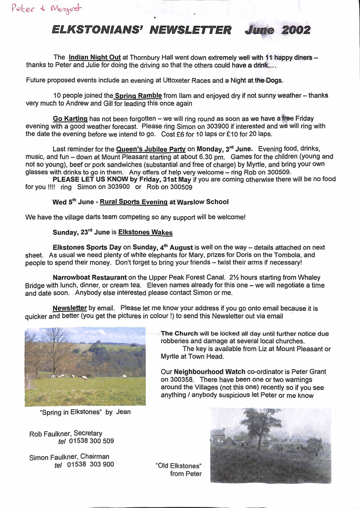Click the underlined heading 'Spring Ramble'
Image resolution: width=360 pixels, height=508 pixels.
pyautogui.click(x=138, y=96)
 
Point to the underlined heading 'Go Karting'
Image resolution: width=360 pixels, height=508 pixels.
pyautogui.click(x=70, y=119)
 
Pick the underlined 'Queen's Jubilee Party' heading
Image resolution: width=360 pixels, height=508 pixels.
pyautogui.click(x=151, y=149)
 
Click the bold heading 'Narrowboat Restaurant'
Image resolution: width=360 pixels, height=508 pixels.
pyautogui.click(x=90, y=277)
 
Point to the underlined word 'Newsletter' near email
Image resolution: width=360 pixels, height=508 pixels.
pyautogui.click(x=70, y=308)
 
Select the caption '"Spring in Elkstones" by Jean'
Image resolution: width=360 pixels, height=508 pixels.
pyautogui.click(x=85, y=412)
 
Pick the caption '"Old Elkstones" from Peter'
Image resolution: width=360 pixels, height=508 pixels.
pyautogui.click(x=179, y=469)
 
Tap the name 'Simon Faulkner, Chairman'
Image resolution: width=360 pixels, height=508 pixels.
pyautogui.click(x=69, y=457)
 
